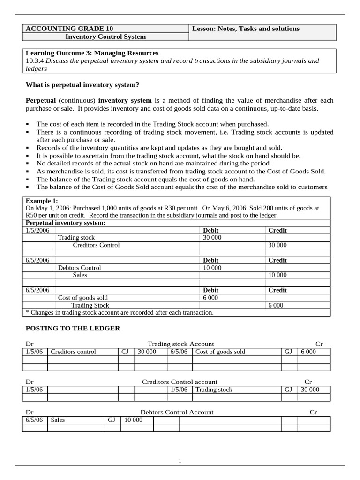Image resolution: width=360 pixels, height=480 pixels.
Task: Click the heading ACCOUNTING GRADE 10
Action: point(69,29)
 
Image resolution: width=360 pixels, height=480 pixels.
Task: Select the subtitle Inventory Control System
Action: point(105,37)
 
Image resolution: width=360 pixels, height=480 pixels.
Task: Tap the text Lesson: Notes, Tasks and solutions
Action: point(246,29)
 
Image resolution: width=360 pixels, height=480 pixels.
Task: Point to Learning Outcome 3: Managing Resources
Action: point(92,53)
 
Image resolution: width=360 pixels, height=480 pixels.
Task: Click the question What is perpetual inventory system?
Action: point(82,85)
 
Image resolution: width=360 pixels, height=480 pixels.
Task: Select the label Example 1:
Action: point(42,201)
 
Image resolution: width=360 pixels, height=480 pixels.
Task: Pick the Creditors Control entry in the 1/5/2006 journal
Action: point(96,245)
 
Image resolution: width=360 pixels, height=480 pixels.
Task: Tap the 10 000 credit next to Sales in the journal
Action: point(277,275)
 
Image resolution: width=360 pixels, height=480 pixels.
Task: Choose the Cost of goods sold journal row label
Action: point(82,298)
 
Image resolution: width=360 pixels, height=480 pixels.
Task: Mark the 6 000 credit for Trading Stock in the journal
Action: point(276,305)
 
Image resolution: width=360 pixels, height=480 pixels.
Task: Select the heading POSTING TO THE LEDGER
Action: point(73,328)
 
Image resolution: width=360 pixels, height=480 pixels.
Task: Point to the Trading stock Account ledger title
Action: point(180,344)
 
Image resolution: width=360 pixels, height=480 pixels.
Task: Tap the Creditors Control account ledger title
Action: point(180,382)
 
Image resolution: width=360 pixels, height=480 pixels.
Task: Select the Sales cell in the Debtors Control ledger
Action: point(58,420)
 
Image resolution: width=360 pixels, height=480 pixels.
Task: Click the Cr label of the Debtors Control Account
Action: point(314,412)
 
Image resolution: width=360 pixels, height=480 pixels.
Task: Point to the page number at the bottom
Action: point(180,461)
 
